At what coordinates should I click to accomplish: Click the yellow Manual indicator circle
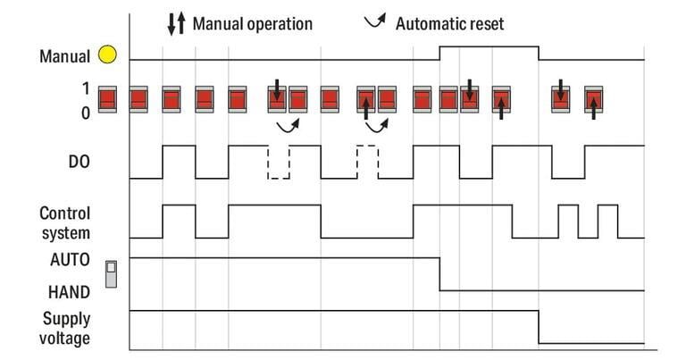(107, 54)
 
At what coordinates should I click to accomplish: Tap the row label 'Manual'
(64, 56)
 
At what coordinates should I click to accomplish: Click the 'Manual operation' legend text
(253, 23)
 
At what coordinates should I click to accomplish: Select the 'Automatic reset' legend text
(449, 23)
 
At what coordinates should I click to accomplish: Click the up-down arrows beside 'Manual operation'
(177, 23)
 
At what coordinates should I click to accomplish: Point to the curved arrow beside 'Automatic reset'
(376, 21)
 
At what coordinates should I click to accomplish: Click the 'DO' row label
(79, 162)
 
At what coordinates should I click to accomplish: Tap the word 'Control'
(64, 213)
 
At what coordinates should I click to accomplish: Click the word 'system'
(66, 233)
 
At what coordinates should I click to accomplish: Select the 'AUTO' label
(70, 260)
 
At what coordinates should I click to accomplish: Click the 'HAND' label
(69, 292)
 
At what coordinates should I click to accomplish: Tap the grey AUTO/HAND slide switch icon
(111, 274)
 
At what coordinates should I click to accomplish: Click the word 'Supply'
(66, 319)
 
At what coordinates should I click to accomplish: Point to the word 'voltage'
(64, 339)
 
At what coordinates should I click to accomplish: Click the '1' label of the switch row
(86, 88)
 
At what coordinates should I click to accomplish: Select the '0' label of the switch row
(86, 113)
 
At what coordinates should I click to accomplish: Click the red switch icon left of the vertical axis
(107, 99)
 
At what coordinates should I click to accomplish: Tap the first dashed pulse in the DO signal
(279, 162)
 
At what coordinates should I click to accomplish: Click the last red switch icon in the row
(594, 99)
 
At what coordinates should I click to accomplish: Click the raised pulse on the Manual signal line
(489, 46)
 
